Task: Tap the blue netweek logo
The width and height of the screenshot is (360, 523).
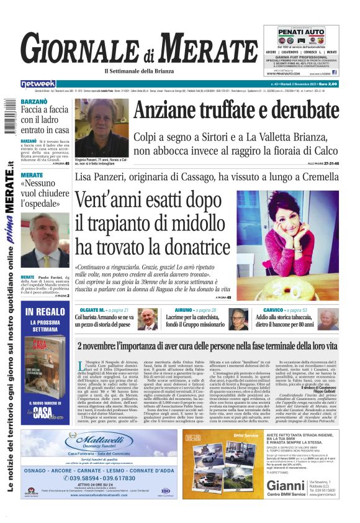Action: pyautogui.click(x=38, y=84)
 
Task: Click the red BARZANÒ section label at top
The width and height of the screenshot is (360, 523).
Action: pyautogui.click(x=35, y=101)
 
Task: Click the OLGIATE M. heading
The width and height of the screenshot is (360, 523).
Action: pyautogui.click(x=88, y=309)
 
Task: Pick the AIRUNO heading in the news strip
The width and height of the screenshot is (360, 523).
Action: pyautogui.click(x=183, y=309)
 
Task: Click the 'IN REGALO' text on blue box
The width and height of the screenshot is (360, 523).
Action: pyautogui.click(x=45, y=312)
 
